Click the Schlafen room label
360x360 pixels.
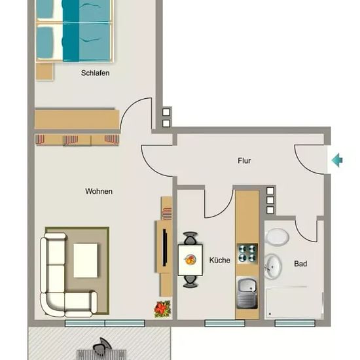point(95,73)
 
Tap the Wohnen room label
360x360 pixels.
point(99,191)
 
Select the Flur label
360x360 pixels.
point(244,161)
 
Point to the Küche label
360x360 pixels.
point(219,260)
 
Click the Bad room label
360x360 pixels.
point(300,264)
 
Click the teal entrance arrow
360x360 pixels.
point(337,160)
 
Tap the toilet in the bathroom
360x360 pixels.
point(277,237)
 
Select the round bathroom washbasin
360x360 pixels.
point(273,267)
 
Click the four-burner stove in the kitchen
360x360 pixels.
point(247,253)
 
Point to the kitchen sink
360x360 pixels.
point(247,293)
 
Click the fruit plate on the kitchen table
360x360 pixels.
point(190,260)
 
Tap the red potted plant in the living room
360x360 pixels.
point(162,309)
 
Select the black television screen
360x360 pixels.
point(164,247)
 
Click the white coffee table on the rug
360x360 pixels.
point(85,261)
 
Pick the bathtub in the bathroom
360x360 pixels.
point(295,303)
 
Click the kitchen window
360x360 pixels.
point(225,323)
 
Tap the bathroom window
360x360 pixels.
point(295,323)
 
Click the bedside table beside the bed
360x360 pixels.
point(45,71)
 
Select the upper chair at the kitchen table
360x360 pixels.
point(190,238)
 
